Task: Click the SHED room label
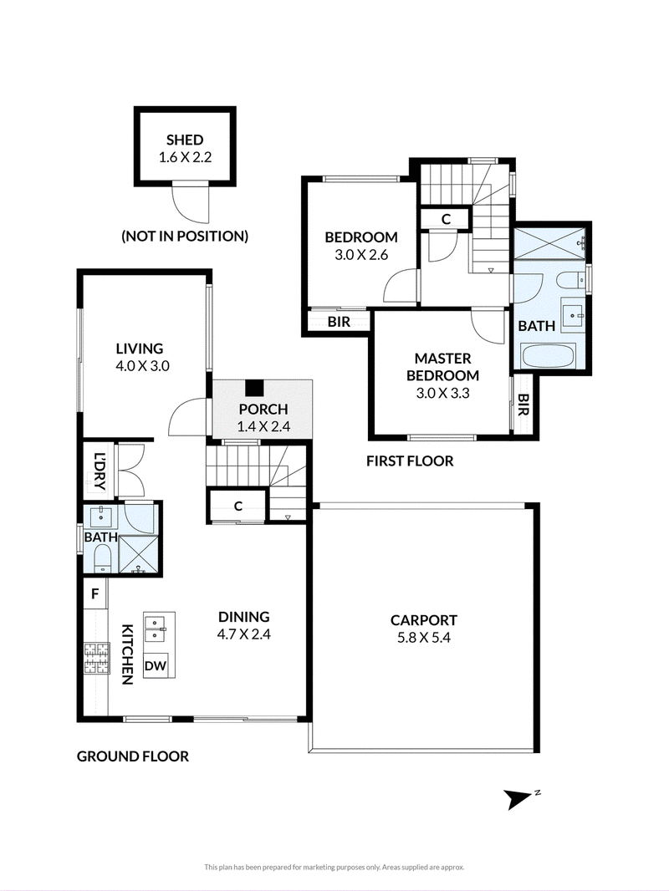(185, 140)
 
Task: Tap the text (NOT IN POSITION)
(185, 237)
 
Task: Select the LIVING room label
(140, 349)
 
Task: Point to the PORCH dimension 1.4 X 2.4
(263, 426)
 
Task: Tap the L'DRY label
(100, 471)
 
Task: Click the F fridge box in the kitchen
(95, 593)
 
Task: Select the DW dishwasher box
(156, 665)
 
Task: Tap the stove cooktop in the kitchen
(96, 658)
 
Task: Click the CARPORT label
(423, 620)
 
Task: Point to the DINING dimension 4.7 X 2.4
(244, 634)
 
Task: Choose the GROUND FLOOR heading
(133, 756)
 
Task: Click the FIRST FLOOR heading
(410, 461)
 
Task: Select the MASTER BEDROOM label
(442, 367)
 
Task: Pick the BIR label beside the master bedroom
(523, 405)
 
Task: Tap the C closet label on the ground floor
(238, 506)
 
